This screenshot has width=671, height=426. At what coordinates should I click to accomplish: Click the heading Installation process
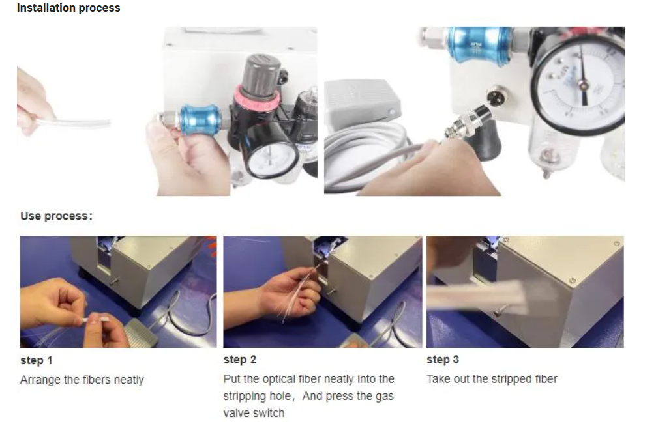click(x=68, y=8)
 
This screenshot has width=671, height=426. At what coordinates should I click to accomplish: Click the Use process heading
click(x=56, y=216)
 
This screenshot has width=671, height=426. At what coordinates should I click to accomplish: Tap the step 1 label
click(x=37, y=360)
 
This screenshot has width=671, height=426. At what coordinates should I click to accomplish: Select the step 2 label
click(x=240, y=360)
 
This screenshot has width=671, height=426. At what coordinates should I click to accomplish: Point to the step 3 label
click(x=443, y=360)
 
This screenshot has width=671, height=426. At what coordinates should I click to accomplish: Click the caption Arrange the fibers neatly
click(x=82, y=380)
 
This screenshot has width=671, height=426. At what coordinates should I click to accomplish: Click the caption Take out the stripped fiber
click(x=492, y=379)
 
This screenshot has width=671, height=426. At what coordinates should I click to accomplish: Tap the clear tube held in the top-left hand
click(x=73, y=123)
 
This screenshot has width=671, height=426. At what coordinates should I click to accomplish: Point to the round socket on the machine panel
click(x=498, y=94)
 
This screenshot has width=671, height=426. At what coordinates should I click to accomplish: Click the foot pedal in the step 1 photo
click(x=142, y=332)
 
